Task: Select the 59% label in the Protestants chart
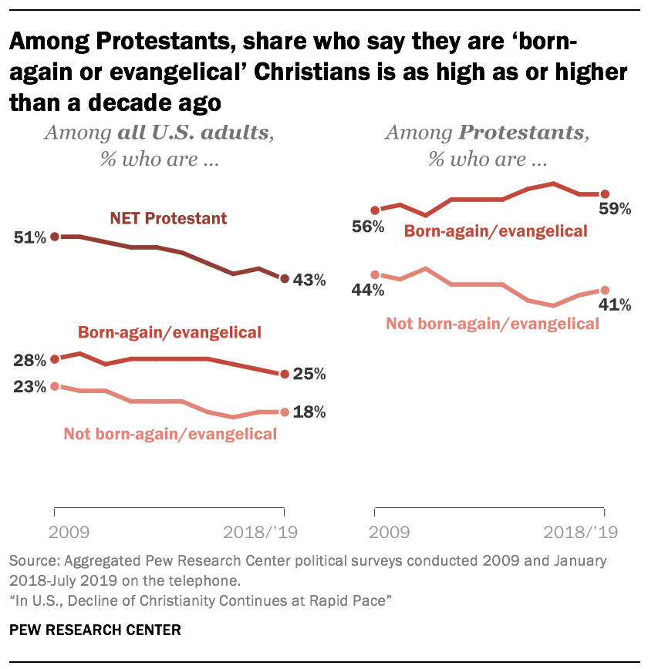point(616,209)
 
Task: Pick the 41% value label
point(616,305)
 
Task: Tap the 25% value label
point(309,375)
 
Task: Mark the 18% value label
point(309,412)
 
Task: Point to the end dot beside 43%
point(284,278)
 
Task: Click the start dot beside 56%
point(375,210)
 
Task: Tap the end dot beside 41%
point(604,291)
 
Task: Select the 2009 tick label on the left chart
point(69,532)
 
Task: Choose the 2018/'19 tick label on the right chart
point(581,532)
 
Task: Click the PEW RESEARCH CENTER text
point(95,630)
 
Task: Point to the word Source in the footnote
point(31,560)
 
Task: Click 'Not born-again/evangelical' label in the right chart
point(493,324)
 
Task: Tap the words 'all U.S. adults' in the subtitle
point(192,133)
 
